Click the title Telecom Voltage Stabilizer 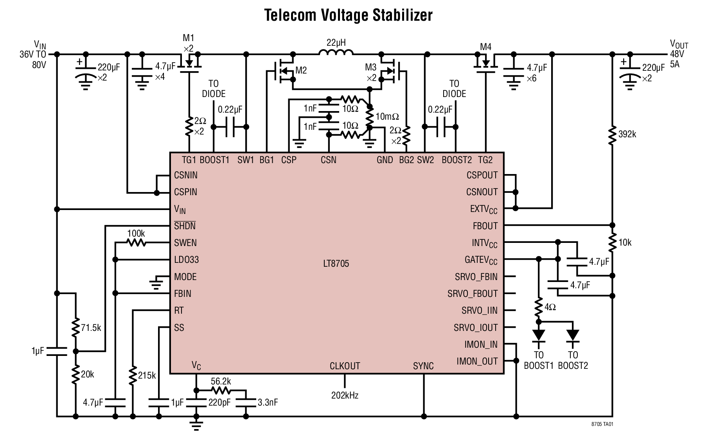coord(348,16)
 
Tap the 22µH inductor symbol coord(336,53)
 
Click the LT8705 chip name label coord(336,264)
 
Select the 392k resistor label coord(627,135)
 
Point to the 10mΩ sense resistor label coord(387,117)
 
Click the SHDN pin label coord(185,226)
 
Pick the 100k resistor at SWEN coord(136,243)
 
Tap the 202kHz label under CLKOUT coord(345,395)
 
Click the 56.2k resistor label coord(221,381)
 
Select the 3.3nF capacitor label coord(268,402)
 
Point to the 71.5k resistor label coord(91,328)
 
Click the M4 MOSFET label coord(485,47)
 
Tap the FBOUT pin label coord(485,226)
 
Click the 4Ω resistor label coord(550,307)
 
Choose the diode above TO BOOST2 coord(573,336)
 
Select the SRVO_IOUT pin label coord(476,328)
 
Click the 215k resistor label coord(147,376)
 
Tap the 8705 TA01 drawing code coord(602,424)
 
